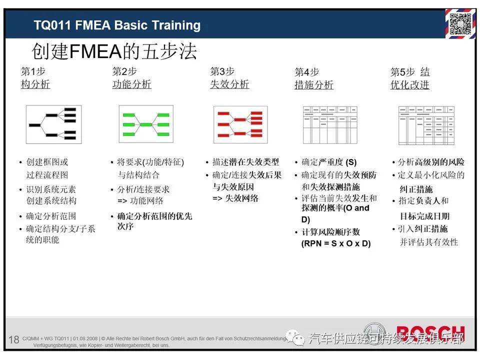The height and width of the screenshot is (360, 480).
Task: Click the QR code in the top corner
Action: [459, 23]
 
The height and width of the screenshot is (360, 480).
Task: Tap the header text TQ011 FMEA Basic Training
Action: [117, 25]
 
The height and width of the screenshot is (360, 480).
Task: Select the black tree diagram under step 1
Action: [53, 124]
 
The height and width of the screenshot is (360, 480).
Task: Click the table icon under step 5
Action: [426, 124]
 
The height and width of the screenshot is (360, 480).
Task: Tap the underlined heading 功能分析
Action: [131, 84]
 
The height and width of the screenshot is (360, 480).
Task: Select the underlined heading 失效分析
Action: [229, 84]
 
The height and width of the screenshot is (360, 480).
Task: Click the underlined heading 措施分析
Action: [314, 85]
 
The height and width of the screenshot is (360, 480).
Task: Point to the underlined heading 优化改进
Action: [410, 85]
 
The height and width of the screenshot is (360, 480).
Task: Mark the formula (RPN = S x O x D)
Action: [336, 243]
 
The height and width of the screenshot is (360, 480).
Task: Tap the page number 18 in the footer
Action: [13, 340]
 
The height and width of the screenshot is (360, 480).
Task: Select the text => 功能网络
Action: [140, 201]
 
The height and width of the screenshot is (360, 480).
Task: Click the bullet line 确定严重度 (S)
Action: [329, 162]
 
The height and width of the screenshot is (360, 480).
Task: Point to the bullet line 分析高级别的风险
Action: [431, 162]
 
